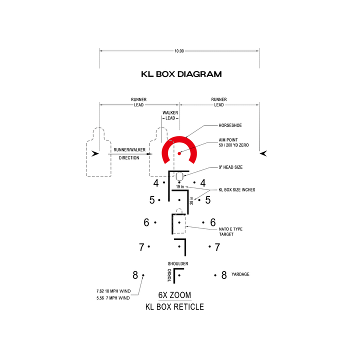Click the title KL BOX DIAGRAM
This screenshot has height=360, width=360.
click(x=181, y=74)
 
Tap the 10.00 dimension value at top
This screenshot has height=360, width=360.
click(x=179, y=51)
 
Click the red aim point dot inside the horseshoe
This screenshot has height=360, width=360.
click(x=178, y=153)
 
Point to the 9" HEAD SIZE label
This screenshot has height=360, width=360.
click(x=230, y=167)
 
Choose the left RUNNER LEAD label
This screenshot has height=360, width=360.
click(x=138, y=102)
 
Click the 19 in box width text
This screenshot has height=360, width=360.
click(x=179, y=186)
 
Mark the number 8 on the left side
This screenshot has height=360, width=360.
click(x=135, y=275)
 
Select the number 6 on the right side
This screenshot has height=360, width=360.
click(x=213, y=222)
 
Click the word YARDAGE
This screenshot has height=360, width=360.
click(x=240, y=274)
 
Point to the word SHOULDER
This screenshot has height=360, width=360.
click(x=178, y=263)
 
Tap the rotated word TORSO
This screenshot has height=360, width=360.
click(x=169, y=275)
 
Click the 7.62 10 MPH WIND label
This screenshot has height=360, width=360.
click(x=113, y=291)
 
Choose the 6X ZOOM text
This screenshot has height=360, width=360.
click(x=175, y=295)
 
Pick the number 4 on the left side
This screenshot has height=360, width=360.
click(x=156, y=183)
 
